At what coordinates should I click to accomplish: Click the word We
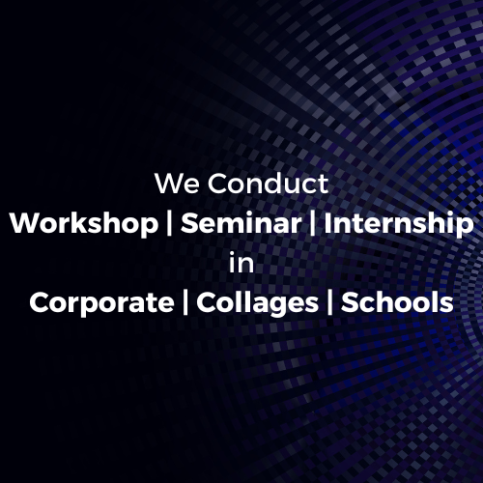[177, 184]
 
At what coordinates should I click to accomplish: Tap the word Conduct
[268, 184]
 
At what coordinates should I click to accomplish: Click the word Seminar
[241, 223]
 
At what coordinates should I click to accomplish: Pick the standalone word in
[241, 263]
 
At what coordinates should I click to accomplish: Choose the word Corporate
[101, 303]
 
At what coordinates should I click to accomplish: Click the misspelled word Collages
[258, 303]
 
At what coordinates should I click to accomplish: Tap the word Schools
[397, 302]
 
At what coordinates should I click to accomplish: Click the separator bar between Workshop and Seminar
[170, 224]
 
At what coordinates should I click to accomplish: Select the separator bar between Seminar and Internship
[312, 224]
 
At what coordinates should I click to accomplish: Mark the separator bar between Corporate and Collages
[185, 302]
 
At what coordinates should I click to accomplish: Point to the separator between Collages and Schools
[329, 302]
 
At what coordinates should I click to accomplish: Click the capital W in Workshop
[25, 223]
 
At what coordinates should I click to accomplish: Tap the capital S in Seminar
[189, 223]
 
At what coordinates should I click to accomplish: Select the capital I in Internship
[327, 223]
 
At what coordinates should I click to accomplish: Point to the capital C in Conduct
[218, 184]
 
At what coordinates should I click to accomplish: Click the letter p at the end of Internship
[465, 227]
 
